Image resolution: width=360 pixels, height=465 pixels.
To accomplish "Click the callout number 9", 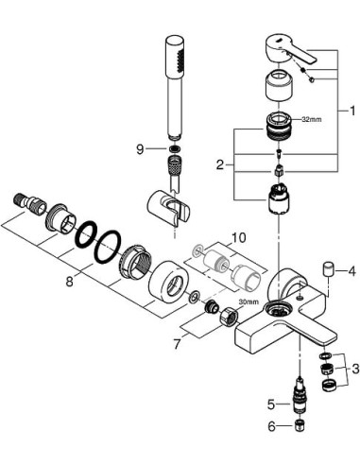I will (139, 148).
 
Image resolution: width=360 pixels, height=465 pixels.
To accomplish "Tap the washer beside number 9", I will (174, 149).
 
